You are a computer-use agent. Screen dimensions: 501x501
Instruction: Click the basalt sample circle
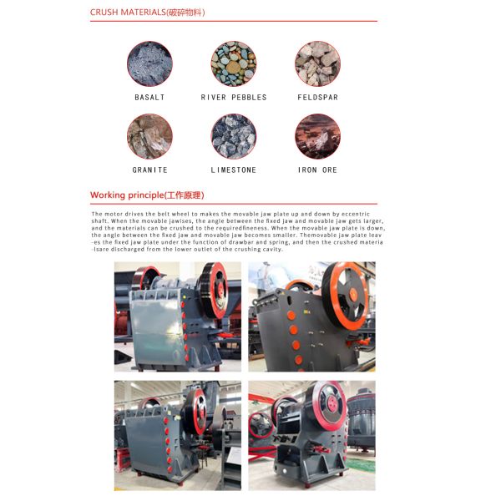[149, 63]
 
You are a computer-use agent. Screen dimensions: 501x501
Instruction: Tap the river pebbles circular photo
[234, 63]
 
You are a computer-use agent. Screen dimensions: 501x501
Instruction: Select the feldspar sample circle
[317, 63]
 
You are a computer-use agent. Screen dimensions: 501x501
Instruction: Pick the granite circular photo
[149, 136]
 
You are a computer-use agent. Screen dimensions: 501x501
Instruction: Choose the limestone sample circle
[234, 136]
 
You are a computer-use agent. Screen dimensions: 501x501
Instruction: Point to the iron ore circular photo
[317, 136]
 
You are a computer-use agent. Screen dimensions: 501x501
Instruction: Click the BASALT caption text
[149, 98]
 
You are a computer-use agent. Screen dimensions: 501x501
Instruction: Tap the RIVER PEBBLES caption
[234, 98]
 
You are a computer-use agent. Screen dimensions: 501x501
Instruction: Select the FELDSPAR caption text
[317, 98]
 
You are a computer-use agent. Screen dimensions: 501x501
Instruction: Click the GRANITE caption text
[149, 170]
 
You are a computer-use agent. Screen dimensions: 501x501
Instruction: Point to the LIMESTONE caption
[234, 170]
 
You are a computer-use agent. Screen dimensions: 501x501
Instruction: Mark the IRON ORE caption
[317, 170]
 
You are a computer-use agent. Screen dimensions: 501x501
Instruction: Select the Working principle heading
[146, 195]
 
